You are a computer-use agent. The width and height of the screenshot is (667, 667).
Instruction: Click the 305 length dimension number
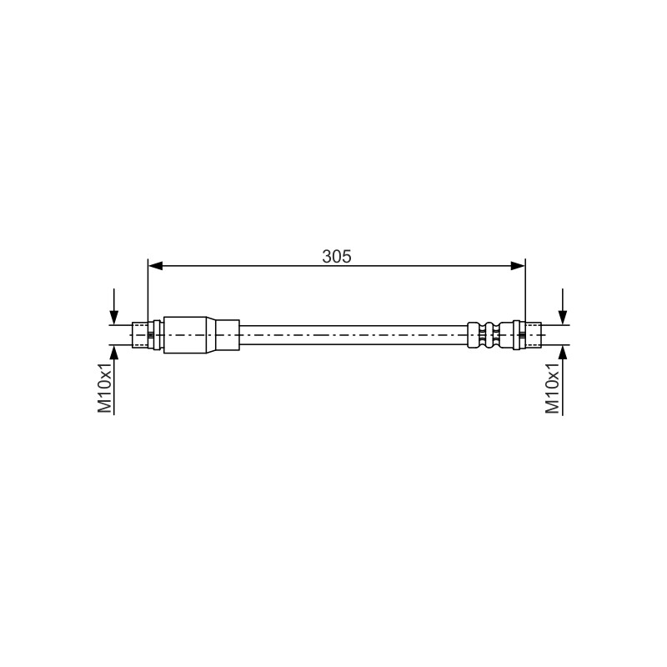tap(337, 257)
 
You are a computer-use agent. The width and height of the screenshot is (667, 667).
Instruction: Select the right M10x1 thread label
tap(553, 388)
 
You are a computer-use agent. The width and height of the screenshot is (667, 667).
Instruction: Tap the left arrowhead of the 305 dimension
tap(156, 266)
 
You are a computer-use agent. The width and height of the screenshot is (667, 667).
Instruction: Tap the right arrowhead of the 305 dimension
tap(518, 266)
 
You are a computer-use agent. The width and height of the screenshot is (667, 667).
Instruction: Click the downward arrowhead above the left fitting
tap(114, 318)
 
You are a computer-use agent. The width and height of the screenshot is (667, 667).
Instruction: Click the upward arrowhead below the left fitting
tap(114, 353)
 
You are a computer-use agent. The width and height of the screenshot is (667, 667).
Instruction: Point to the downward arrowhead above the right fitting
tap(563, 318)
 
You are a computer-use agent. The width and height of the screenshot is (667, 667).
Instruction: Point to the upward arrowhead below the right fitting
tap(563, 353)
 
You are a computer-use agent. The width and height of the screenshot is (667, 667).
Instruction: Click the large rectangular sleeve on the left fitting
tap(185, 335)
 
